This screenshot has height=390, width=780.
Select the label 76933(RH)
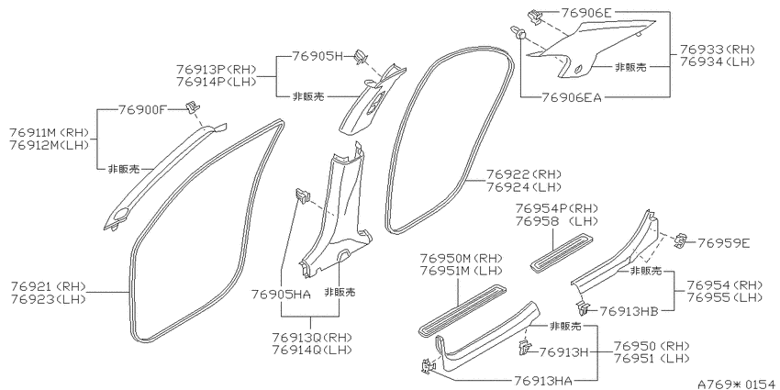[718, 50]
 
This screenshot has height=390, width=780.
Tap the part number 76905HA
[282, 295]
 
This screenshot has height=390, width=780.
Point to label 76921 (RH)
[49, 286]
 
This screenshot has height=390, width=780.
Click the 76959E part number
[723, 243]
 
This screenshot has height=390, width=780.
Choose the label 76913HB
[630, 311]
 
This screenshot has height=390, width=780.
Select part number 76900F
[141, 109]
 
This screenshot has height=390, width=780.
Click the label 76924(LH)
[524, 187]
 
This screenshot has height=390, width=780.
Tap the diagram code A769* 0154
[738, 384]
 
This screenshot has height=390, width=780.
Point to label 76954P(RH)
[557, 208]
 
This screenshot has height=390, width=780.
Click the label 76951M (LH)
[462, 271]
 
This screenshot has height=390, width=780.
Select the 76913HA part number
[542, 381]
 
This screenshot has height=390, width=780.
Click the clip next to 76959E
[680, 240]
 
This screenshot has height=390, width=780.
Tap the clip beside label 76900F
[193, 107]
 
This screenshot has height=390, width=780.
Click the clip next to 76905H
[361, 57]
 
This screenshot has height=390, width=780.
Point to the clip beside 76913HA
[427, 367]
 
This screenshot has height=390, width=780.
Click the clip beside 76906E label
[535, 17]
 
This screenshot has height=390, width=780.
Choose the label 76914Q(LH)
[312, 350]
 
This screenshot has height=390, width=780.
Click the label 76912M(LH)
[49, 145]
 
